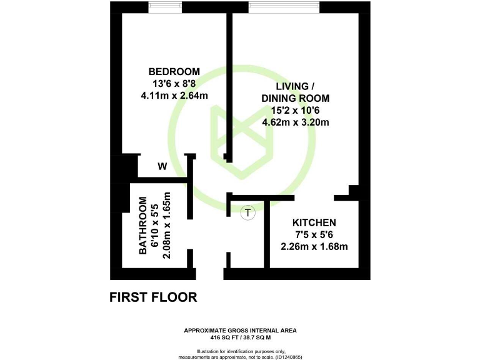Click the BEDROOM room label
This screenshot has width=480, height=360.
pos(174,71)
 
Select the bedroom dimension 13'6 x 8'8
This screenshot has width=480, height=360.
pos(174,83)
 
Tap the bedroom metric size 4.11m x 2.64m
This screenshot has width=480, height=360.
pos(174,96)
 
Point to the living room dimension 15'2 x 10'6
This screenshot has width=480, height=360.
pos(295,110)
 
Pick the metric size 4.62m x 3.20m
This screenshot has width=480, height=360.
pos(295,122)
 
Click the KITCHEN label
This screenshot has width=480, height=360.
pos(314,222)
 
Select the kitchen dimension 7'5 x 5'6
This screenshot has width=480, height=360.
pos(314,234)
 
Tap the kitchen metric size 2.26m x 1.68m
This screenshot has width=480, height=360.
pos(314,246)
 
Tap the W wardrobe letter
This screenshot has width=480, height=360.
pos(162,166)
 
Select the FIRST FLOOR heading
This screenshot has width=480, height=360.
pos(153,297)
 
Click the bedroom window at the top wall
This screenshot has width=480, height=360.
pos(166,7)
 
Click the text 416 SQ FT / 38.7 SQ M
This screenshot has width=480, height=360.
pos(240,336)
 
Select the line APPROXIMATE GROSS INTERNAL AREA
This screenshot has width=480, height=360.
pos(240,329)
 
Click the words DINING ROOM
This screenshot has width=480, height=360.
pos(295,98)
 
